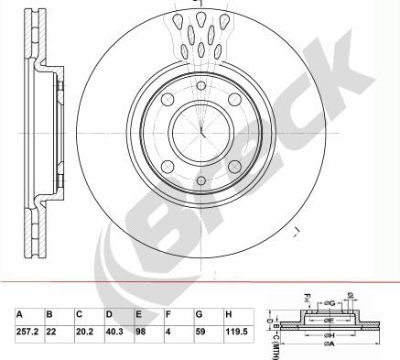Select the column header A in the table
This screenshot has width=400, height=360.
coord(19,314)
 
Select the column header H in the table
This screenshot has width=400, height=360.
coord(230,314)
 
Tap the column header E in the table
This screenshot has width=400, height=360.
coord(139,314)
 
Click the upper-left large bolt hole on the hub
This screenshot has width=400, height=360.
coord(168,101)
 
